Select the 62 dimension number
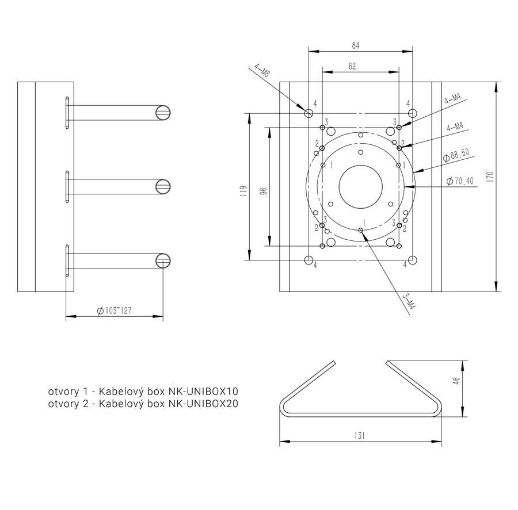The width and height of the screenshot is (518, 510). [352, 67]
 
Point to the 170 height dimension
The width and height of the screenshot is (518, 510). [490, 177]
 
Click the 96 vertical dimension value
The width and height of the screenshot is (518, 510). [264, 191]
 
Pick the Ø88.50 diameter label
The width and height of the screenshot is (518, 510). [456, 154]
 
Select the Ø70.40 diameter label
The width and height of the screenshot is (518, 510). [460, 181]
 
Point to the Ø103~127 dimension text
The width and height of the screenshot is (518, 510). [115, 310]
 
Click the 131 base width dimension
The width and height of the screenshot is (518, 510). [359, 436]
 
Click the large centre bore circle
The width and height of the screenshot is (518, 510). [360, 186]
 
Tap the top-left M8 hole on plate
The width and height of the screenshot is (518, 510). [309, 112]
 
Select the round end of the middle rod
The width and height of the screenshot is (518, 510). [163, 186]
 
